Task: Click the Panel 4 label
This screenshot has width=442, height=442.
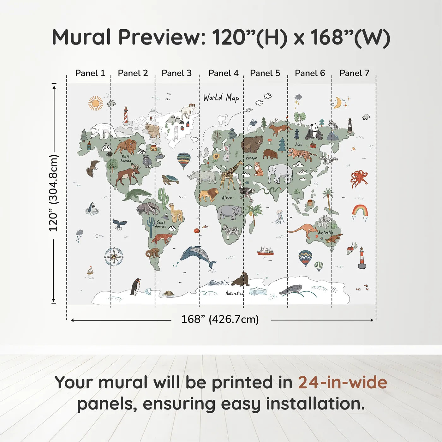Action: tap(224, 73)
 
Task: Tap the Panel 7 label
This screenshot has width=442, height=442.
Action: tap(354, 73)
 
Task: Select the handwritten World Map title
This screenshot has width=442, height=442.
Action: tap(221, 98)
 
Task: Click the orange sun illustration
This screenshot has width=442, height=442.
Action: tap(96, 103)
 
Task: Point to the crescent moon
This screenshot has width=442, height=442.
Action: tap(337, 103)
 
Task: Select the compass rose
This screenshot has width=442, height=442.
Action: tap(114, 257)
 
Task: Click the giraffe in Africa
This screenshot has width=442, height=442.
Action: tap(230, 175)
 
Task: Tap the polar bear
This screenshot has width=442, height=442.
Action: tap(103, 131)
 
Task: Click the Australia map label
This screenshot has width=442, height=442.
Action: tap(325, 233)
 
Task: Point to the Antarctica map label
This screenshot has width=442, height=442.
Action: tap(234, 293)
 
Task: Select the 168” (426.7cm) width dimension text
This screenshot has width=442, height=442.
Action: tap(220, 320)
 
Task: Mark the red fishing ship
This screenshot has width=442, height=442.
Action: tap(266, 251)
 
